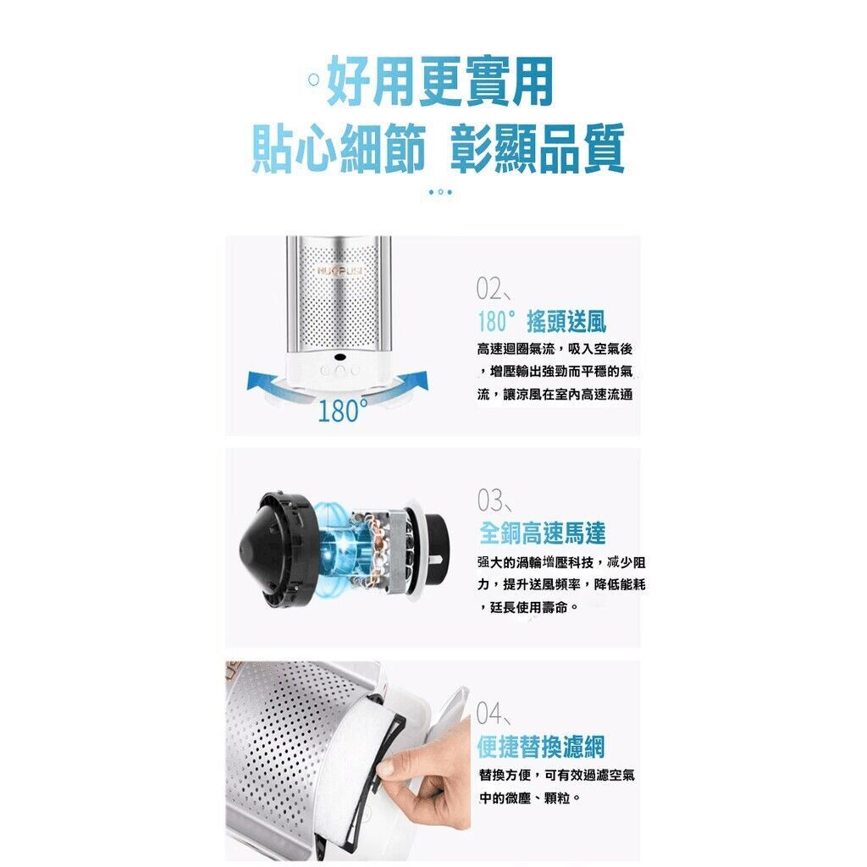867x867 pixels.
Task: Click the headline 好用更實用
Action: click(x=440, y=82)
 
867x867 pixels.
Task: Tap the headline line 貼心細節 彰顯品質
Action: click(x=438, y=148)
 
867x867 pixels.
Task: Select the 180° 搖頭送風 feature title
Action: click(x=542, y=321)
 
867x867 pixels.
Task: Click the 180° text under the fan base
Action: click(x=343, y=411)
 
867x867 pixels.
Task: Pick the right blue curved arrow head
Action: click(x=418, y=379)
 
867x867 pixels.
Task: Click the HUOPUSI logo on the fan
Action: click(x=340, y=270)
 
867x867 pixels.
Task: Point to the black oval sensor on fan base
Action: click(x=340, y=358)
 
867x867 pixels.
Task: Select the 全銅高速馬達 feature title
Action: click(x=542, y=533)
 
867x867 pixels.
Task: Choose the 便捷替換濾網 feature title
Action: click(x=541, y=747)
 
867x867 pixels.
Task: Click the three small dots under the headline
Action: click(x=440, y=192)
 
